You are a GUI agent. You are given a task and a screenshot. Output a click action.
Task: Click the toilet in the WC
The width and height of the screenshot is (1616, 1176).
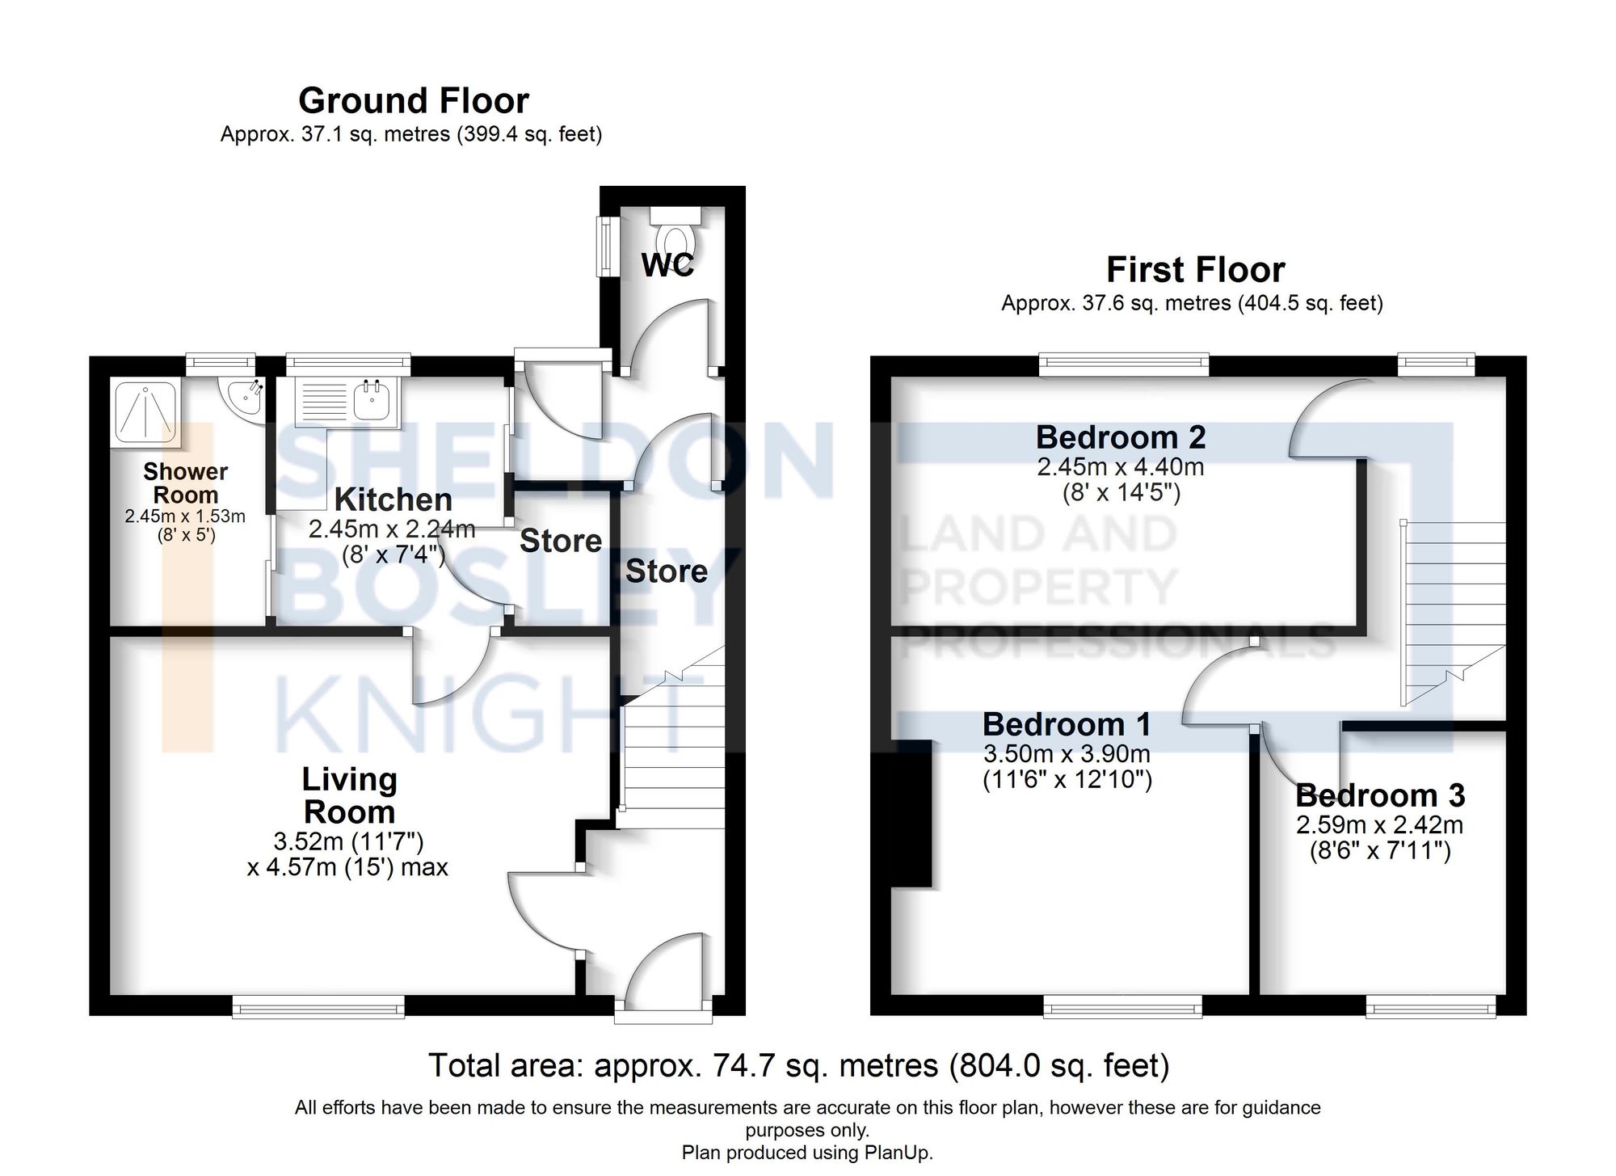pyautogui.click(x=676, y=237)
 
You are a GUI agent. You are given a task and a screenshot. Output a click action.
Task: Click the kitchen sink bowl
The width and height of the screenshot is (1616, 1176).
pyautogui.click(x=372, y=401)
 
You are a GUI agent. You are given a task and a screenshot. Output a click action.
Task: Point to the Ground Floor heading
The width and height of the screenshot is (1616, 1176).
pyautogui.click(x=414, y=101)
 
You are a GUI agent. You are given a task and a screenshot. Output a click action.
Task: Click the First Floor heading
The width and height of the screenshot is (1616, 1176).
pyautogui.click(x=1195, y=270)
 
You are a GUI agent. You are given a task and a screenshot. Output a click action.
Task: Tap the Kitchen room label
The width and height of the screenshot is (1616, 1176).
pyautogui.click(x=393, y=499)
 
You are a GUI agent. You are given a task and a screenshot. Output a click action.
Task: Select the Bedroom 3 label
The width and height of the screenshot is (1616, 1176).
pyautogui.click(x=1380, y=795)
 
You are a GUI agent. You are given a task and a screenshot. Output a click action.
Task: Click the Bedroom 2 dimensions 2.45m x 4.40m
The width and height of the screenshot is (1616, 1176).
pyautogui.click(x=1121, y=467)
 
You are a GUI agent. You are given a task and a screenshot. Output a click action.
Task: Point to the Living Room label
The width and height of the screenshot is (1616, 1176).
pyautogui.click(x=349, y=795)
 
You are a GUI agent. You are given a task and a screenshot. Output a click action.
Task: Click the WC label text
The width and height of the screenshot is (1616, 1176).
pyautogui.click(x=667, y=265)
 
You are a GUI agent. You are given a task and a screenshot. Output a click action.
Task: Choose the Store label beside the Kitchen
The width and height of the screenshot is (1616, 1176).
pyautogui.click(x=561, y=541)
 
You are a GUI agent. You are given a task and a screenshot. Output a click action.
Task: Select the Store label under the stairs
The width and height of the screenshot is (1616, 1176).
pyautogui.click(x=667, y=571)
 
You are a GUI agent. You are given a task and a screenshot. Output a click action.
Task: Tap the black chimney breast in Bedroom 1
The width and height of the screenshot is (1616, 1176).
pyautogui.click(x=912, y=812)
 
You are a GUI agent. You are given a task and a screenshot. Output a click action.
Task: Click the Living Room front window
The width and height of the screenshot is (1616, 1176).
pyautogui.click(x=318, y=1006)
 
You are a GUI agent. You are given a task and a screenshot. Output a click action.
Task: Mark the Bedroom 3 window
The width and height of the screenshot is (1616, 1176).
pyautogui.click(x=1430, y=1006)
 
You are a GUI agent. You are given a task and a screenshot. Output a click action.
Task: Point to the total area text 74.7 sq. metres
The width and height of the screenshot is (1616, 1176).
pyautogui.click(x=798, y=1065)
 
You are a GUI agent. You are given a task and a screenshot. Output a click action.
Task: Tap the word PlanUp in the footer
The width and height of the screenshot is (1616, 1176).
pyautogui.click(x=901, y=1153)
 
